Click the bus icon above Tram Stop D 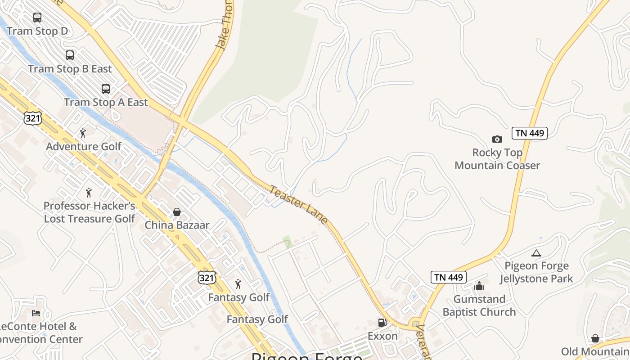(x=37, y=18)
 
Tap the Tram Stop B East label (x=70, y=69)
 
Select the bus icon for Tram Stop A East (x=106, y=89)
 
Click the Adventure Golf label (x=84, y=147)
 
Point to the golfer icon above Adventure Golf (x=82, y=133)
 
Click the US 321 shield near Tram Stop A (x=33, y=118)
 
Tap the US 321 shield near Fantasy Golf (x=207, y=278)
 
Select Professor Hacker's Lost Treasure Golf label (x=89, y=212)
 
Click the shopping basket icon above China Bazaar (x=177, y=211)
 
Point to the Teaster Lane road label (x=298, y=205)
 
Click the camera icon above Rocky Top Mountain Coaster (x=497, y=139)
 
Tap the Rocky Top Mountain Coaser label (x=497, y=159)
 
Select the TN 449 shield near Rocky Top (x=529, y=133)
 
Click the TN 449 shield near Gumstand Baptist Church (x=448, y=277)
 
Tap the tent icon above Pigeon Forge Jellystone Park (x=536, y=253)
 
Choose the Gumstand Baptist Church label (x=479, y=306)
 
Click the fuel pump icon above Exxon (x=382, y=322)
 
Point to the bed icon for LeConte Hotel (x=36, y=313)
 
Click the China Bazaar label (x=177, y=225)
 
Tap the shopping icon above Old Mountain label (x=595, y=338)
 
